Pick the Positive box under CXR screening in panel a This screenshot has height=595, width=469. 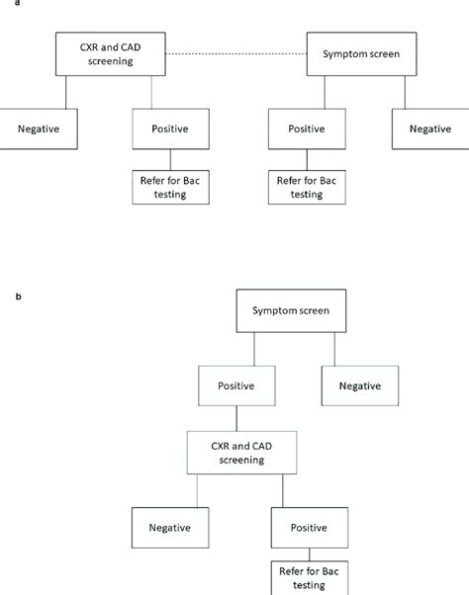pyautogui.click(x=170, y=128)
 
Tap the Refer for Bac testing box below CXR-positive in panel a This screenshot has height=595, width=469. pyautogui.click(x=170, y=187)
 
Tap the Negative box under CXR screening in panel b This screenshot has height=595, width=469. pyautogui.click(x=170, y=524)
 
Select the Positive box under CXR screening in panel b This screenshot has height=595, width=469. pyautogui.click(x=307, y=524)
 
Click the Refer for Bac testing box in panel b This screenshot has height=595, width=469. pyautogui.click(x=307, y=578)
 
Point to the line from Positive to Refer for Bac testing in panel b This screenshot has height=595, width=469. pyautogui.click(x=307, y=553)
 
